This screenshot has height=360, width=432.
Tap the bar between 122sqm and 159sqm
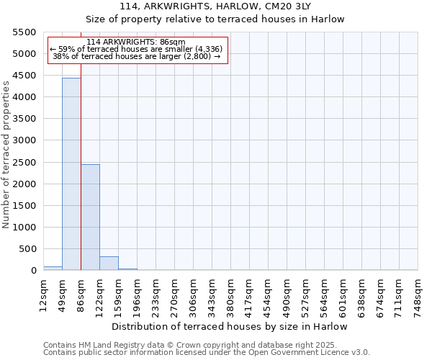pos(109,264)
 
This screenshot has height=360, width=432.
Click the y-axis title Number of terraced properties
pos(6,154)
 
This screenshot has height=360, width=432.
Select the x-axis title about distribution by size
pos(230,326)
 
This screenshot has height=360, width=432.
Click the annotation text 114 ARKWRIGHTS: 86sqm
pos(136,42)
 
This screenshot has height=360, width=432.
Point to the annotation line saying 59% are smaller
pos(137,49)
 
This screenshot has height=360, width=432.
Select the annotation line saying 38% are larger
pos(137,56)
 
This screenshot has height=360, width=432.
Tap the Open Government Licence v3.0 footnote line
pos(207,353)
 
